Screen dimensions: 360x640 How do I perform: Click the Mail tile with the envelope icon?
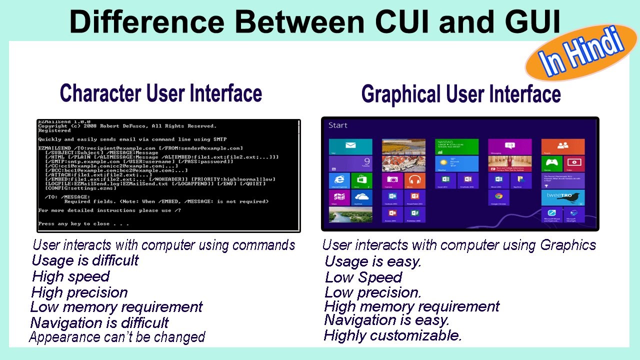point(350,147)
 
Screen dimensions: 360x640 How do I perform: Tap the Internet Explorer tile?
point(339,180)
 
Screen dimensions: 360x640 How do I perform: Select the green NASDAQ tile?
point(456,146)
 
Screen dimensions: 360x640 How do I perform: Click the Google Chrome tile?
point(498,197)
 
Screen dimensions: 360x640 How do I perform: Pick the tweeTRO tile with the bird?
point(563,197)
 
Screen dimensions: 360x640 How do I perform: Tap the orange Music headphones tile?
point(414,180)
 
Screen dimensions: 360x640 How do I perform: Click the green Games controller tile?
point(551,163)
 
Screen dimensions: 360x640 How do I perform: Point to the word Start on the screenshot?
point(338,125)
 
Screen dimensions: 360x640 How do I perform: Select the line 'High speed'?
point(70,276)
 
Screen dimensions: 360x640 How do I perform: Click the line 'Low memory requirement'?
point(116,307)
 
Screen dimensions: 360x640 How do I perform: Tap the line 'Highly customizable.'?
point(392,335)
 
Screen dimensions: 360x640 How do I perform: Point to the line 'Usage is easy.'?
point(373,261)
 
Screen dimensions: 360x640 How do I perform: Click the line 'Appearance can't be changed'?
point(117,337)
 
